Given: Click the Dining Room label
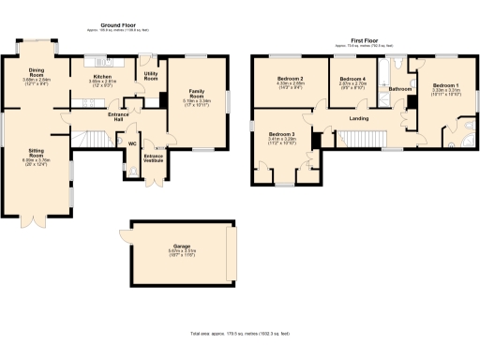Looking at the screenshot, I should click(36, 71).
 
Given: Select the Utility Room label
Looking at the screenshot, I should click(150, 76).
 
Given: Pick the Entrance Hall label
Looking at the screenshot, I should click(119, 117).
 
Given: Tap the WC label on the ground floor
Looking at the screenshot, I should click(132, 143).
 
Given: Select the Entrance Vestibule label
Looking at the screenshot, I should click(153, 157).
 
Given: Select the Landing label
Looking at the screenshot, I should click(357, 118).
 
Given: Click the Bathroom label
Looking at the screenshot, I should click(401, 89).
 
